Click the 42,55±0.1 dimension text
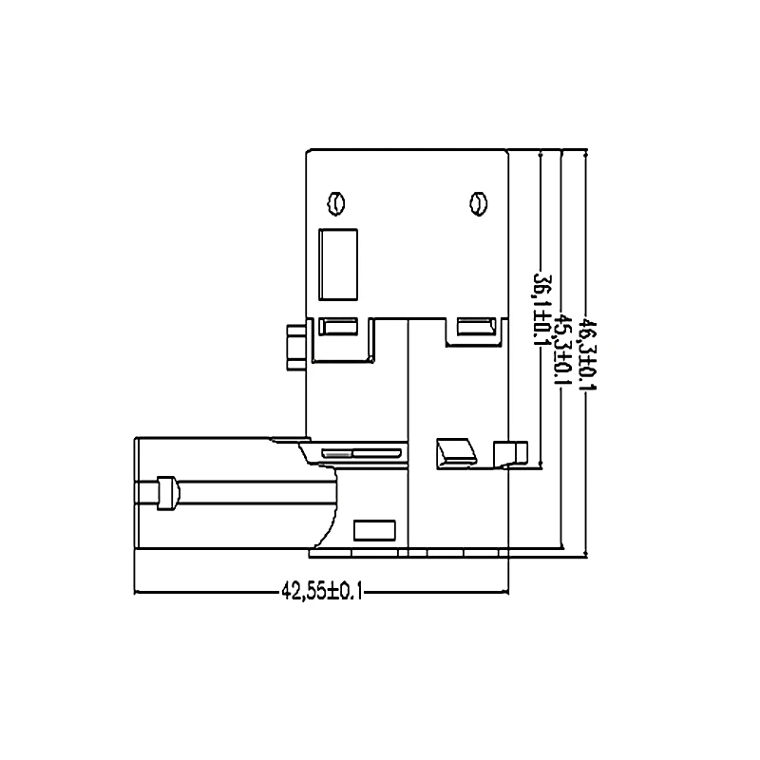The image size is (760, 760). [x=321, y=591]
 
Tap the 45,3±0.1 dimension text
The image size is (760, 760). [x=563, y=350]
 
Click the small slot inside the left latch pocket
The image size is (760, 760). [x=338, y=327]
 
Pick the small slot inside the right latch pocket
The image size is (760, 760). [x=476, y=327]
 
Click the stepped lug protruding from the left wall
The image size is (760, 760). [x=295, y=345]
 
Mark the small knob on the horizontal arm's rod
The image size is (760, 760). [x=167, y=492]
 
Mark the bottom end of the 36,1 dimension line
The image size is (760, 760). [x=541, y=467]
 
